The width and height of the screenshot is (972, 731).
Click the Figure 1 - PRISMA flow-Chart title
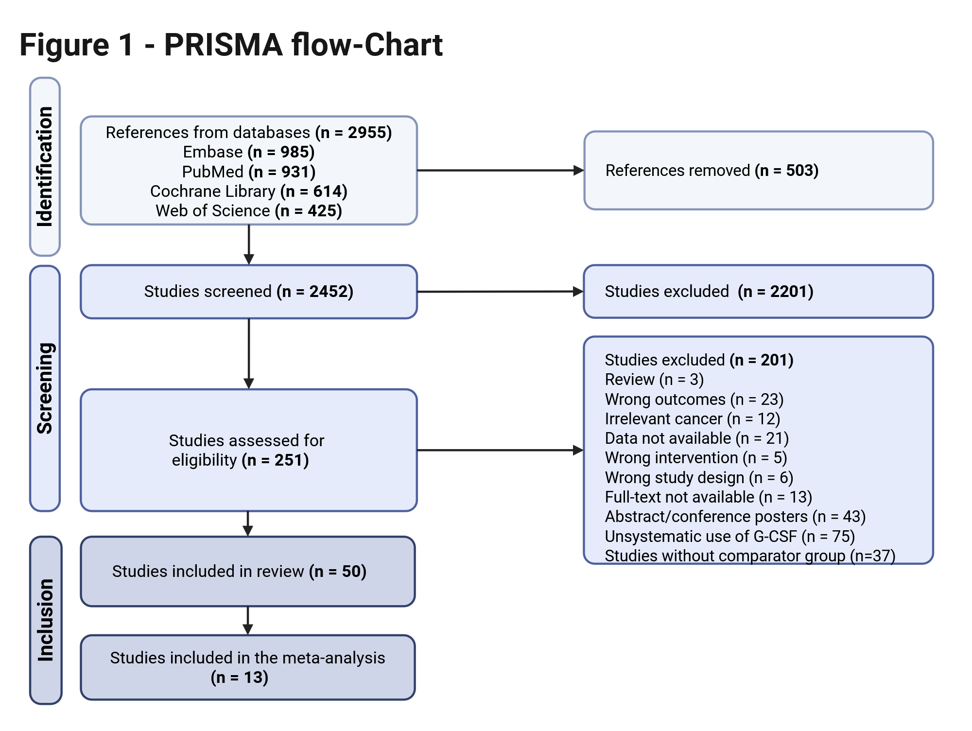point(231,45)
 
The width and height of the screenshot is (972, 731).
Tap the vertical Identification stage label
point(45,167)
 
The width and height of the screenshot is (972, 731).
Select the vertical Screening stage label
point(45,388)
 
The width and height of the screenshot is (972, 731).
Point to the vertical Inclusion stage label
point(45,620)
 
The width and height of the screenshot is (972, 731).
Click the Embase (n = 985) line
point(249,152)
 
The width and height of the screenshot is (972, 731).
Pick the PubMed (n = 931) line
point(249,172)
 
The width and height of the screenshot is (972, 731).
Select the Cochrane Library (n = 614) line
point(249,191)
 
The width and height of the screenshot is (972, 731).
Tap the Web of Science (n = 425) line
point(249,210)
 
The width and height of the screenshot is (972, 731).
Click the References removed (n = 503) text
point(712,171)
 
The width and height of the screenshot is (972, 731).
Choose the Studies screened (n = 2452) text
point(249,291)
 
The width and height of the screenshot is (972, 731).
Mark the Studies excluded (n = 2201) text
point(709,291)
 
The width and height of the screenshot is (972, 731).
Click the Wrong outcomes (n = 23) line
point(694,399)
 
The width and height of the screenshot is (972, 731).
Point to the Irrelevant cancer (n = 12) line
point(693,418)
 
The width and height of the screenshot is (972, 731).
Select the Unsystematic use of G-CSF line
point(730,536)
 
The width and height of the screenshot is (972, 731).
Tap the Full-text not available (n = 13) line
point(709,497)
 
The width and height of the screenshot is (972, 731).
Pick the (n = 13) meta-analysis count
point(240,677)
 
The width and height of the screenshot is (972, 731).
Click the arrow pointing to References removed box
point(501,171)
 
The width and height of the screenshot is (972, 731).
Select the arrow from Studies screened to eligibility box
point(249,354)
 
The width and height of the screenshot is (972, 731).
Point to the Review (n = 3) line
point(654,379)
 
